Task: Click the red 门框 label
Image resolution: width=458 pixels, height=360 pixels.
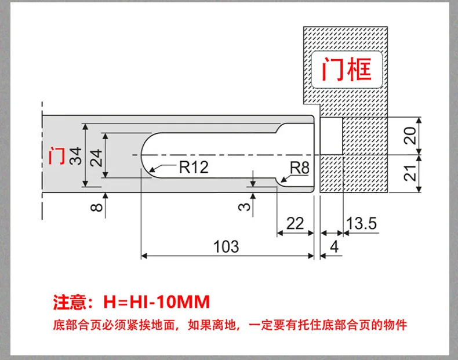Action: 347,69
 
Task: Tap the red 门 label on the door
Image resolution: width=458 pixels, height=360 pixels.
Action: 57,156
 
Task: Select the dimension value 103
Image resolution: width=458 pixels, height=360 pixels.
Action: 226,246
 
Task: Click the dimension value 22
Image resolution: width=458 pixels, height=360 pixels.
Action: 295,224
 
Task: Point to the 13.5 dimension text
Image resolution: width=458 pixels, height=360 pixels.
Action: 362,223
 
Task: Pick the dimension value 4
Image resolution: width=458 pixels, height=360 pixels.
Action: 334,247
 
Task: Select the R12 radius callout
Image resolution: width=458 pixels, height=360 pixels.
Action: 194,167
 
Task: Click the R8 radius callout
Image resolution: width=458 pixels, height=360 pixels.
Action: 299,168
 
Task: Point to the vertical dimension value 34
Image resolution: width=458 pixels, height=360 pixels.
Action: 75,156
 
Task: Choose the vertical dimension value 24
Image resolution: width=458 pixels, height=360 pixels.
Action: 96,158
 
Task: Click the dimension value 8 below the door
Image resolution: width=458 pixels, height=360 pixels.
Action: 97,208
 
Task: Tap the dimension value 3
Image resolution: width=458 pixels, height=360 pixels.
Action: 244,207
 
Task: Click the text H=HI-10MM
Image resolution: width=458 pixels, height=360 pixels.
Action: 157,301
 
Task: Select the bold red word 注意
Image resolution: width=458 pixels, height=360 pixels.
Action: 70,302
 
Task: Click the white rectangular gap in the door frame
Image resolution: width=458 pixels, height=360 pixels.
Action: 331,136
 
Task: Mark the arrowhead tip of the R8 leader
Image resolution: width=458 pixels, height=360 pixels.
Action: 281,182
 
